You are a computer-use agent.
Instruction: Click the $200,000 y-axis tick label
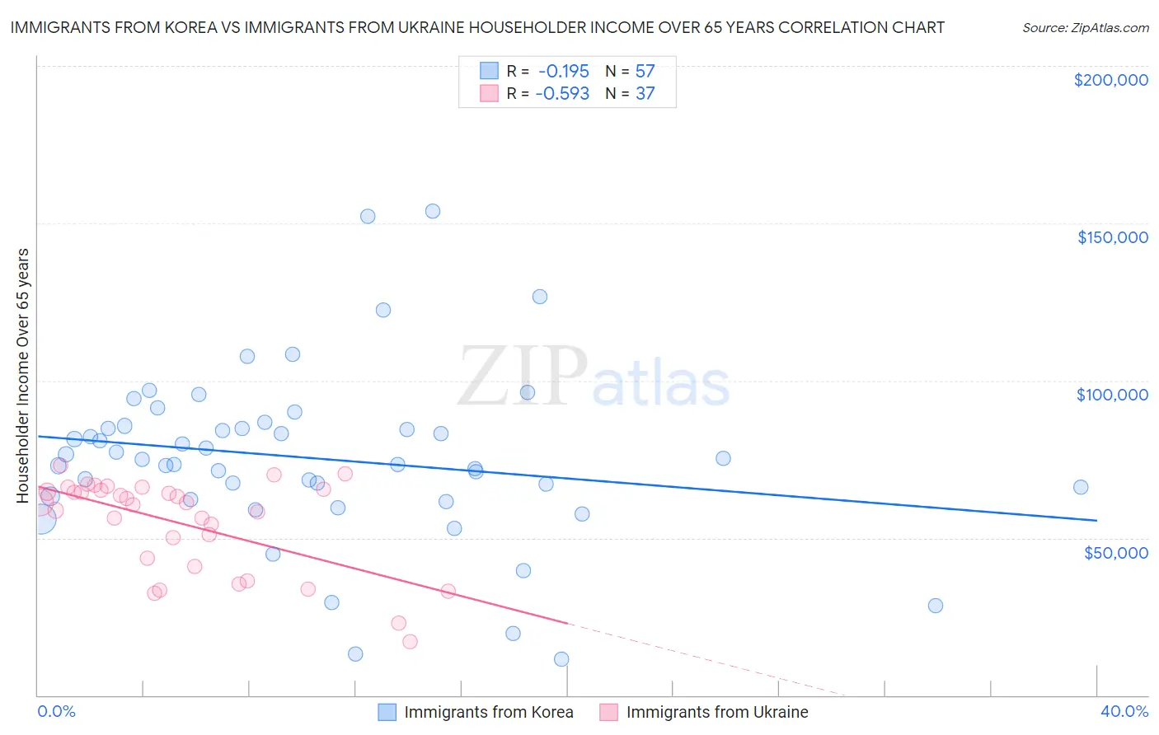click(x=1110, y=80)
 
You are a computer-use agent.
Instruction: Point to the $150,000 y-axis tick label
click(x=1112, y=237)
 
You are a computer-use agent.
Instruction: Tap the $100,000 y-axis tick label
click(x=1112, y=395)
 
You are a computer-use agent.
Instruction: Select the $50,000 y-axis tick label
click(x=1115, y=552)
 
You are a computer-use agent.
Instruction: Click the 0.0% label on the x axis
click(x=56, y=711)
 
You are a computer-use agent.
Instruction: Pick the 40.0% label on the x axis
click(x=1124, y=711)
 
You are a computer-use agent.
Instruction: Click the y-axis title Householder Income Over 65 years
click(x=23, y=375)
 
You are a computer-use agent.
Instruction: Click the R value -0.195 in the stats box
click(x=564, y=71)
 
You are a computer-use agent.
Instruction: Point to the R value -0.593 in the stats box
click(x=562, y=93)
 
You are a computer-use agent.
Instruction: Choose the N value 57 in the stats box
click(x=645, y=71)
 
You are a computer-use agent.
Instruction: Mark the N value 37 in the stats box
click(x=645, y=93)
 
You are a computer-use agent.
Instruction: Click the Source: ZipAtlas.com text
click(x=1085, y=27)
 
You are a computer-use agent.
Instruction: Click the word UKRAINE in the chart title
click(x=464, y=27)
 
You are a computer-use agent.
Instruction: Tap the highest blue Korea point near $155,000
click(x=432, y=211)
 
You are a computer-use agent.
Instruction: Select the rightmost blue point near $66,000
click(x=1081, y=487)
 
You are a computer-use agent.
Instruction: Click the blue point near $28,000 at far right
click(x=935, y=606)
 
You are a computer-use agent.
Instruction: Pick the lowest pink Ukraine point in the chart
click(x=410, y=642)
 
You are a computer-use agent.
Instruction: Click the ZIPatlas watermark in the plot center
click(x=594, y=377)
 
